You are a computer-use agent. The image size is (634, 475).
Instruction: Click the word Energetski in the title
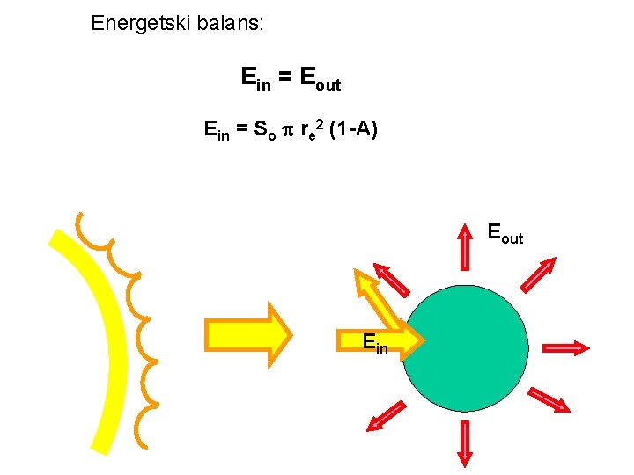(x=133, y=23)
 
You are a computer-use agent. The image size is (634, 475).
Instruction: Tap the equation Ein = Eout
(x=291, y=79)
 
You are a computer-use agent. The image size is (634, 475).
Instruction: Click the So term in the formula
(x=262, y=132)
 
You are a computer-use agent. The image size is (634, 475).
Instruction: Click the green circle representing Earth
(x=465, y=348)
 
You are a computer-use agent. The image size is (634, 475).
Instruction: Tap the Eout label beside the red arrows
(x=505, y=235)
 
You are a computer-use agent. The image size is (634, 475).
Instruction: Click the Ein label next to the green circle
(x=374, y=343)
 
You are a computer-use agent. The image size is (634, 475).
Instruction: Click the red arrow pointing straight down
(x=464, y=443)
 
